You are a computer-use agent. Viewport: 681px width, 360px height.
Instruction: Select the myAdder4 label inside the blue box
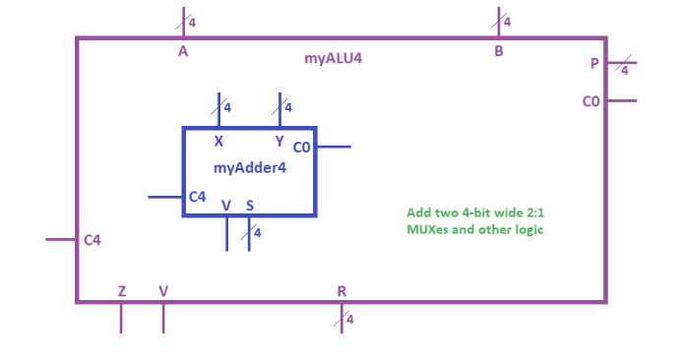(x=248, y=168)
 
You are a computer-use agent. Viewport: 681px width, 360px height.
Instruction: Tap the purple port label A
(x=183, y=52)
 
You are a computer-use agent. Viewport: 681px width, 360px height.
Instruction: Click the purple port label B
(x=499, y=52)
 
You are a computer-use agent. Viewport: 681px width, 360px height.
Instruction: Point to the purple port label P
(x=594, y=64)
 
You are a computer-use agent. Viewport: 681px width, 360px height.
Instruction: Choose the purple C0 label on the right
(x=590, y=101)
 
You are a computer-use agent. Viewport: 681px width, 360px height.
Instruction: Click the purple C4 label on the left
(x=93, y=240)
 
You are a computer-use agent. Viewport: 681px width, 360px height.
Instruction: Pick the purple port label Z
(x=121, y=291)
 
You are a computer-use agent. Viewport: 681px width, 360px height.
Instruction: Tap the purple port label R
(x=341, y=291)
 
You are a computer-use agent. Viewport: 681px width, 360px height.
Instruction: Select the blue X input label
(x=218, y=142)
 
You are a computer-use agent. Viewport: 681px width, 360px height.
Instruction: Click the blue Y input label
(x=279, y=142)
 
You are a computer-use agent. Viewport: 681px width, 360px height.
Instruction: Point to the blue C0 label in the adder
(x=301, y=148)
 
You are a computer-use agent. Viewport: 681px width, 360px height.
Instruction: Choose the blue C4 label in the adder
(x=197, y=198)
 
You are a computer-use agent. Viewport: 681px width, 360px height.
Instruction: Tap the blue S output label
(x=250, y=206)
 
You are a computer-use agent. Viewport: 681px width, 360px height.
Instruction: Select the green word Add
(x=418, y=212)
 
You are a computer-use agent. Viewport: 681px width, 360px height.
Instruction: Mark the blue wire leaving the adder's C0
(x=334, y=147)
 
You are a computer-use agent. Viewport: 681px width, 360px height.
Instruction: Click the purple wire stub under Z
(x=121, y=318)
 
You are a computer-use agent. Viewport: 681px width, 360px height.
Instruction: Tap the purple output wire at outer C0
(x=622, y=100)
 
